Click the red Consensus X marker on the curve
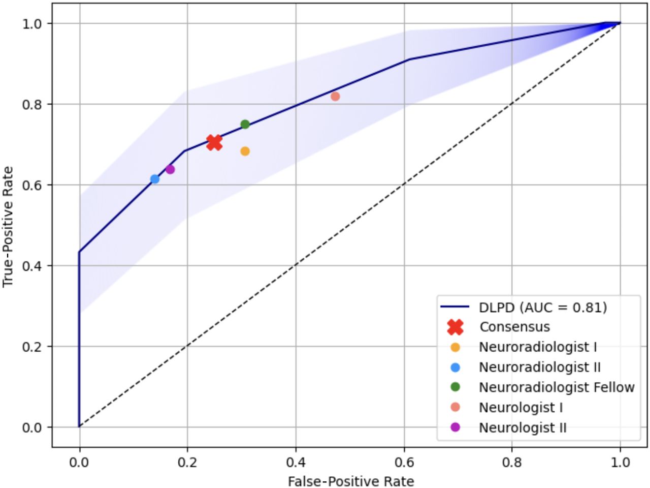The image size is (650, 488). [x=214, y=143]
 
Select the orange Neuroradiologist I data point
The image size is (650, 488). [x=245, y=151]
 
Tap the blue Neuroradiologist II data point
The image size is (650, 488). [x=155, y=179]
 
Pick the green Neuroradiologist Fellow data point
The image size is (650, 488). [x=245, y=125]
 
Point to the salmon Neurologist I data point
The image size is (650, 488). [x=335, y=96]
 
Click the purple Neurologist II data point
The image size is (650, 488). [x=170, y=169]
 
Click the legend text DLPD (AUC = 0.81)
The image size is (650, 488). [x=542, y=307]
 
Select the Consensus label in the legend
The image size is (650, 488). [x=514, y=327]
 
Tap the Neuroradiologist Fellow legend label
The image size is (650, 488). [x=556, y=387]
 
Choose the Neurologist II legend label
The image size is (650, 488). [x=522, y=428]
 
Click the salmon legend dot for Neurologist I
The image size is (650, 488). [x=456, y=407]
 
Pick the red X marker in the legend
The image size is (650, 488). [x=456, y=327]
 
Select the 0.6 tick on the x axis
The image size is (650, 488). [x=404, y=463]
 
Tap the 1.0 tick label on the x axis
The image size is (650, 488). [x=620, y=463]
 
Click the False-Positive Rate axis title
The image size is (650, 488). [x=351, y=481]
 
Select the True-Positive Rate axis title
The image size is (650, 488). [x=8, y=225]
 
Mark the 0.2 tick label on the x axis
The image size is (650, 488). [x=187, y=463]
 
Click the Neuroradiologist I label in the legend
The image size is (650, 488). [x=537, y=347]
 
